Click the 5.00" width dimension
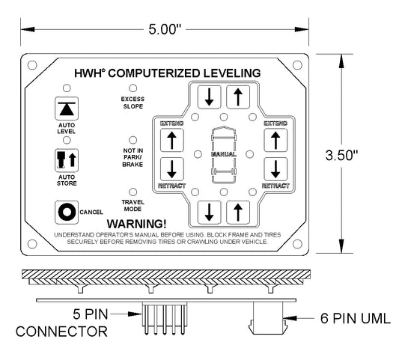(165, 29)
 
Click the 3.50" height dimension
(341, 155)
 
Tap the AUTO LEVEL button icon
(67, 109)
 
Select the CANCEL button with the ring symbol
(67, 213)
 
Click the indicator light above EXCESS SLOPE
(133, 88)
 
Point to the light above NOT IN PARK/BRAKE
(133, 140)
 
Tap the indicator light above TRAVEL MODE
(133, 192)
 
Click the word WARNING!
(137, 224)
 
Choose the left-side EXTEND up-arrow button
(171, 140)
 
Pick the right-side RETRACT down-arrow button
(275, 169)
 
